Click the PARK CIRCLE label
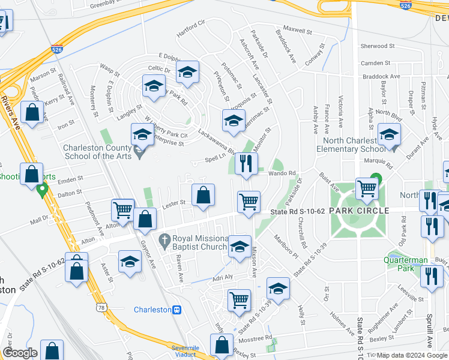point(358,211)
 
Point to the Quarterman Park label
point(407,265)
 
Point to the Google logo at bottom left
point(19,353)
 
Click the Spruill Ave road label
point(430,333)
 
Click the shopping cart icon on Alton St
point(123,211)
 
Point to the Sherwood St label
point(377,46)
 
